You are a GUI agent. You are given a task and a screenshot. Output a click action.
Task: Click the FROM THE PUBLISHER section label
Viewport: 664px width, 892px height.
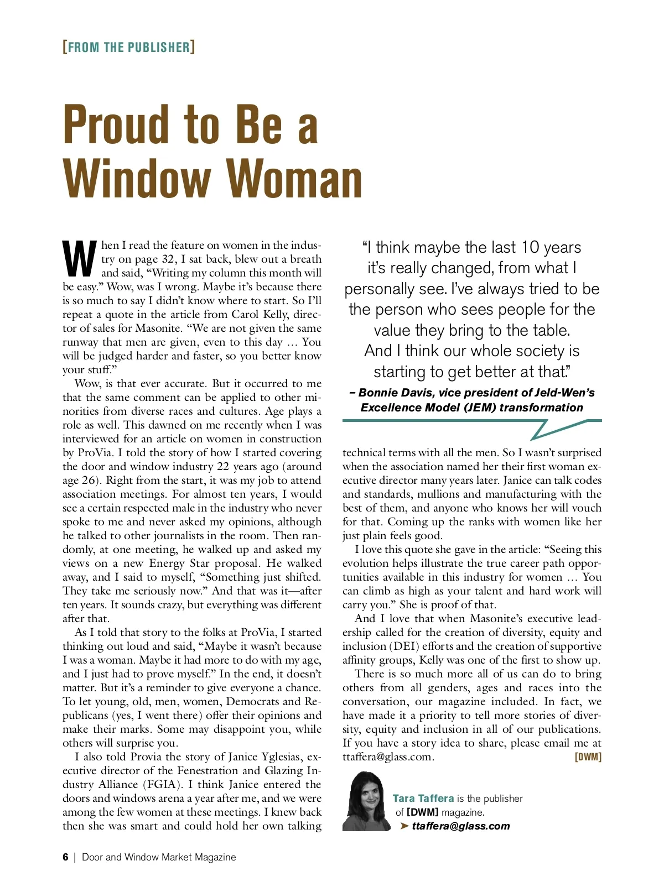pyautogui.click(x=129, y=47)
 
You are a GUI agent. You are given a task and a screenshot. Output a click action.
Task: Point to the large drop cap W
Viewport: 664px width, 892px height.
pyautogui.click(x=80, y=259)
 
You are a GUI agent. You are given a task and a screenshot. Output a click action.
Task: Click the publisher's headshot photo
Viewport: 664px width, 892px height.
pyautogui.click(x=366, y=801)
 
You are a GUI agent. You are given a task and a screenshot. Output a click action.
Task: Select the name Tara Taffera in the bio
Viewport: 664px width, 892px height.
pyautogui.click(x=423, y=798)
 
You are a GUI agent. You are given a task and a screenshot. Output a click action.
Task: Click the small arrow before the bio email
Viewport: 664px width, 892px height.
pyautogui.click(x=404, y=826)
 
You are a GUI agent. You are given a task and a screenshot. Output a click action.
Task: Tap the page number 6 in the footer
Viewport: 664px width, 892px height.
pyautogui.click(x=65, y=857)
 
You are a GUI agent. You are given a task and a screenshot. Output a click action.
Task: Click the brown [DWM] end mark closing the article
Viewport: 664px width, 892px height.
pyautogui.click(x=588, y=757)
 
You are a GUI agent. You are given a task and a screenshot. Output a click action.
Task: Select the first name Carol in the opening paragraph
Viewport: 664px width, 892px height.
pyautogui.click(x=245, y=314)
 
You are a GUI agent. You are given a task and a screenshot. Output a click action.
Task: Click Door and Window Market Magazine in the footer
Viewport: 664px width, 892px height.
pyautogui.click(x=159, y=857)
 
